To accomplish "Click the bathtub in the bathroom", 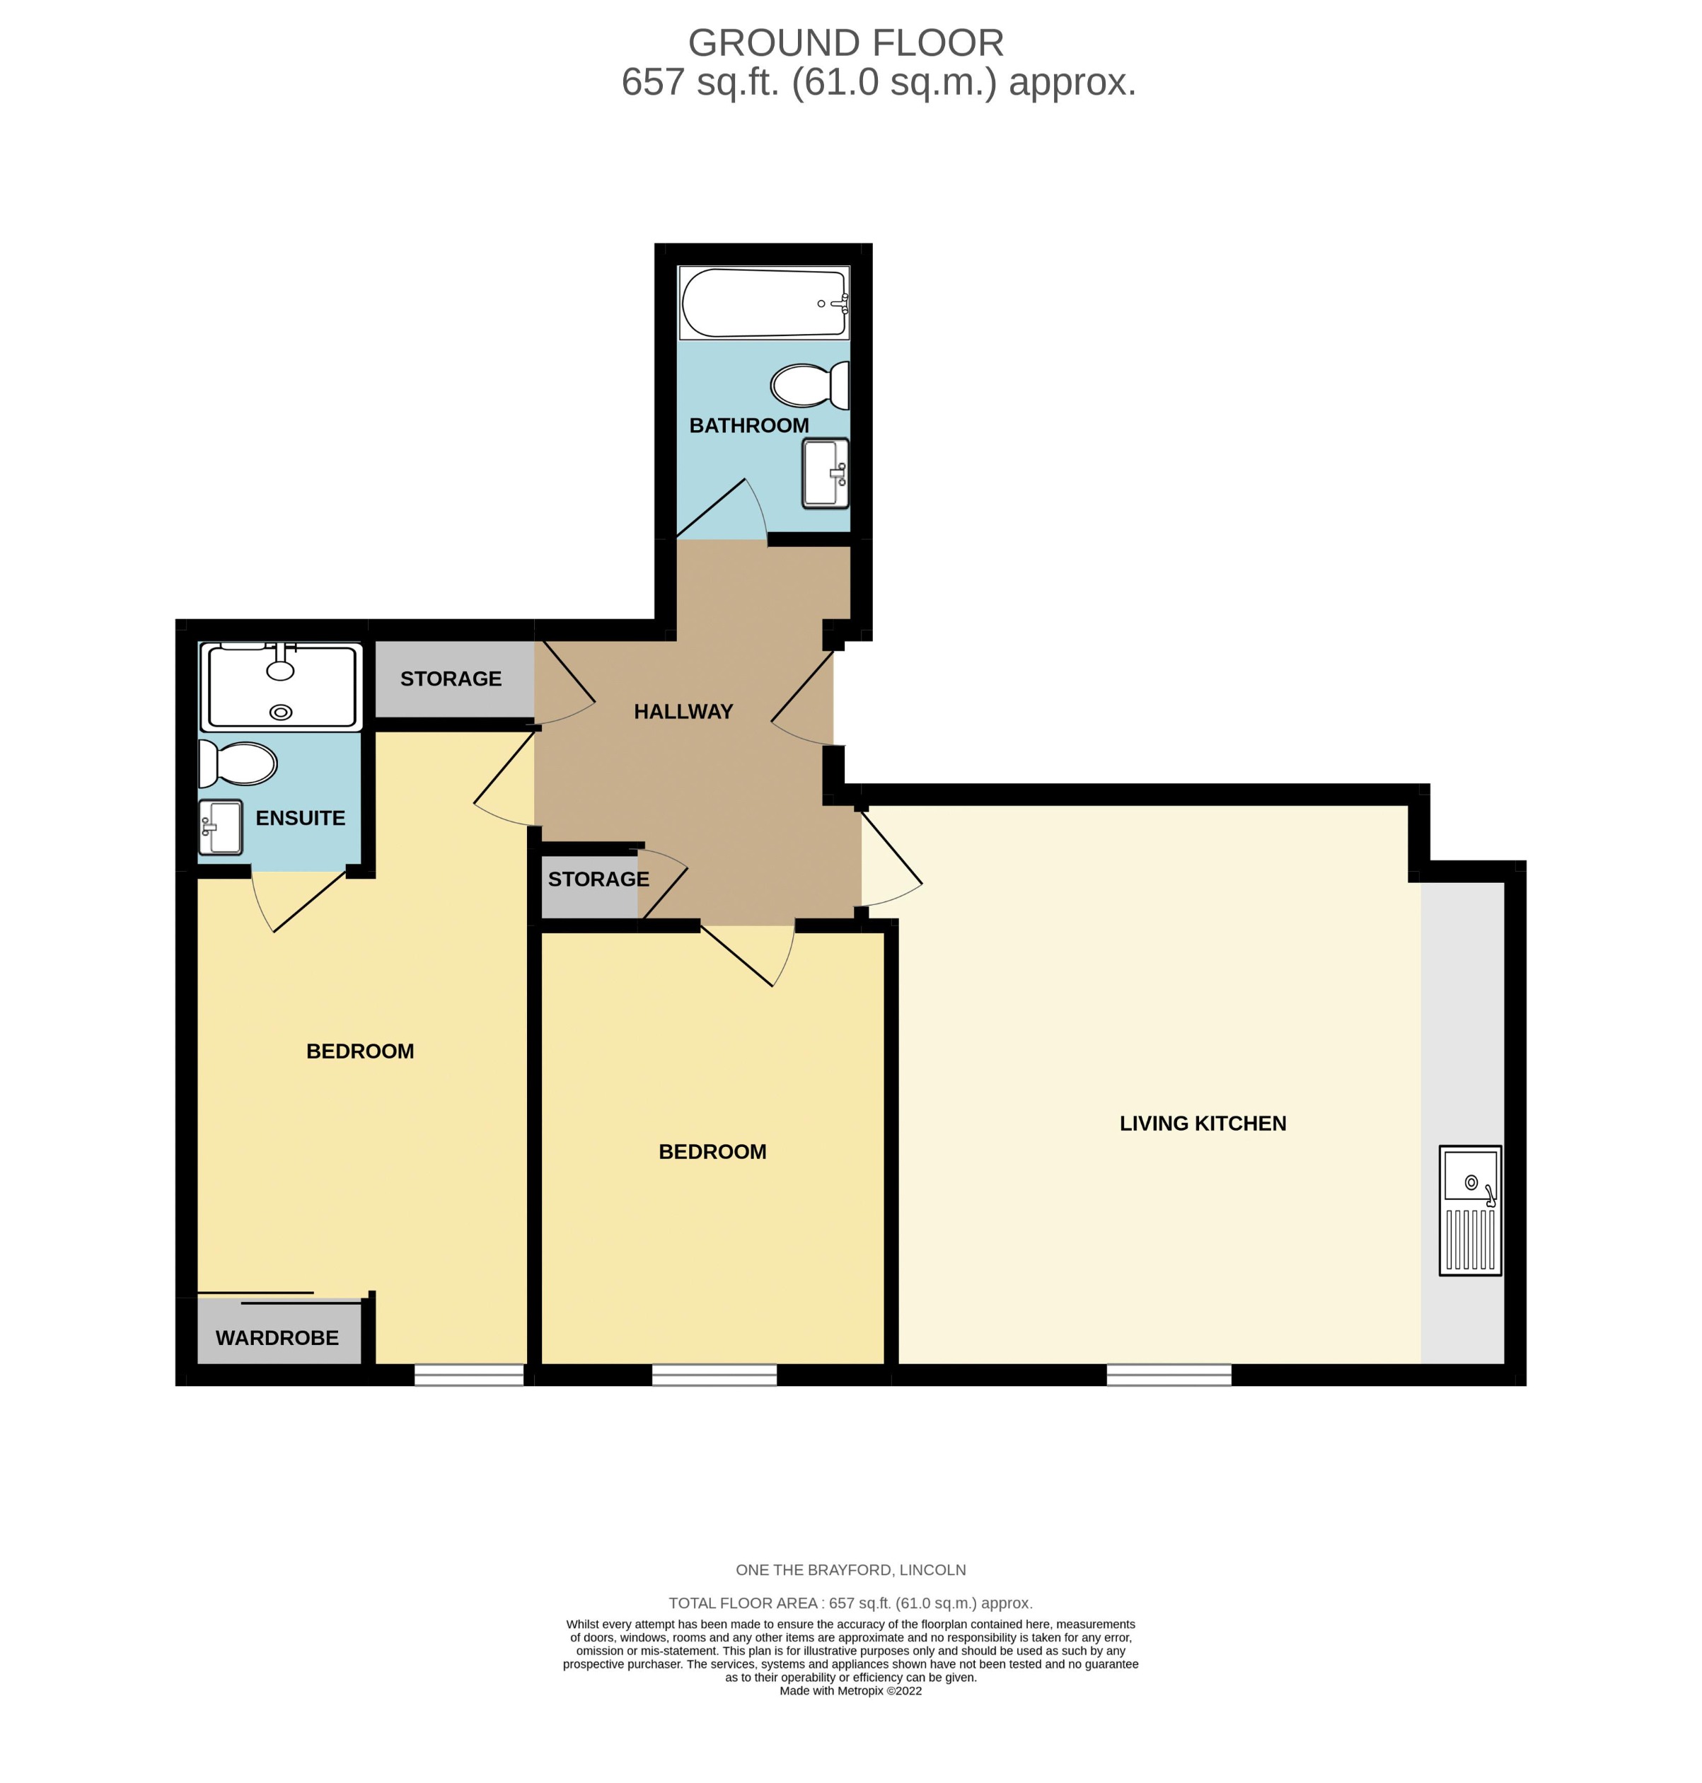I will [x=763, y=302].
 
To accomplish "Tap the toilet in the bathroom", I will [x=807, y=386].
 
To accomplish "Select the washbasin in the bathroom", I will [x=825, y=473].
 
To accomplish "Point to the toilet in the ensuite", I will [x=238, y=764].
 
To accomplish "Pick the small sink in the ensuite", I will [x=221, y=826].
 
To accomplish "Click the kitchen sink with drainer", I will [x=1470, y=1209].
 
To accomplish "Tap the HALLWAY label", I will [x=683, y=711].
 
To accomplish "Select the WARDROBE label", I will [x=277, y=1337].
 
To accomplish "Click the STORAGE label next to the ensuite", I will [x=451, y=679].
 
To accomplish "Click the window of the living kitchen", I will [x=1169, y=1375].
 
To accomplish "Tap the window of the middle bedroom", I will [x=714, y=1375].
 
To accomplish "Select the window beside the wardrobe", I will [x=469, y=1375].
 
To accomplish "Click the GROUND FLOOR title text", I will [x=845, y=42].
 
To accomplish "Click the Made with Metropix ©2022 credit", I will [x=850, y=1690].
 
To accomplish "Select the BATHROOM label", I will [x=748, y=425].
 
